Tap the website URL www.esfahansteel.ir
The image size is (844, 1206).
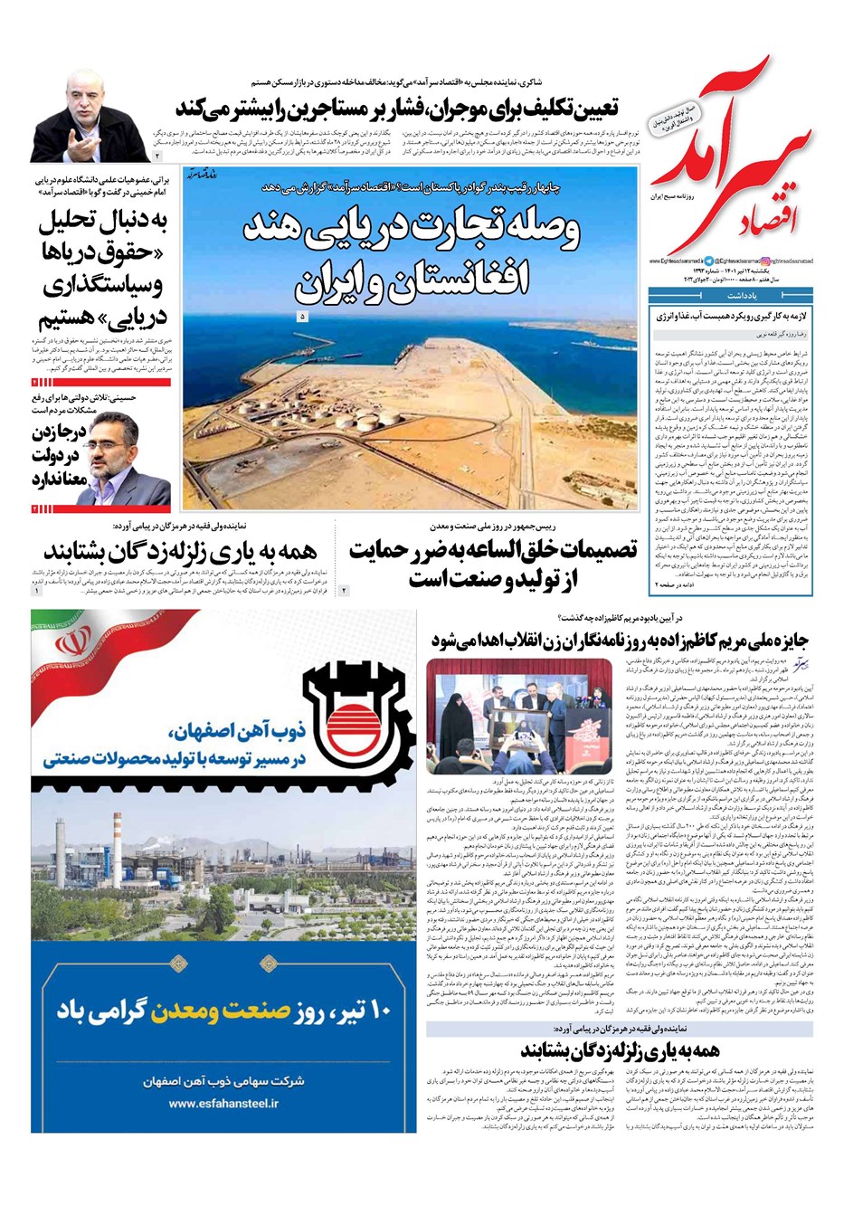[x=223, y=1103]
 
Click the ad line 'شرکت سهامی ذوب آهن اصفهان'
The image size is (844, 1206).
[x=223, y=1081]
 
